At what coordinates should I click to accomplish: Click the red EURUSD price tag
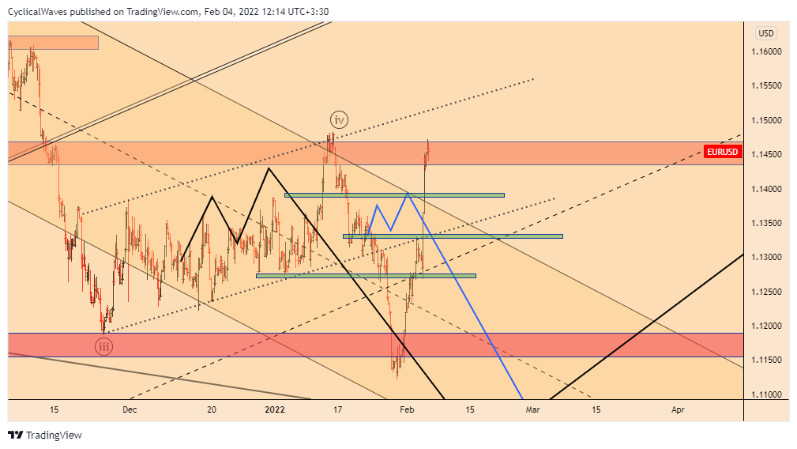(722, 151)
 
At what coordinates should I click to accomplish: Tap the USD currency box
(765, 33)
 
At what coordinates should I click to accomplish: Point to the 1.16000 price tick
(766, 52)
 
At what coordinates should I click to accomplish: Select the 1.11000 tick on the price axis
(766, 394)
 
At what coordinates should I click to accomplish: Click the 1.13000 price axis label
(766, 258)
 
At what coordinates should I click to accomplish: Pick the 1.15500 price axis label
(766, 86)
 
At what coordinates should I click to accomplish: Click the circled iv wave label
(339, 120)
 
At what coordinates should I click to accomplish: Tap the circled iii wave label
(103, 345)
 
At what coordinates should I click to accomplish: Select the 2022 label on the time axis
(274, 409)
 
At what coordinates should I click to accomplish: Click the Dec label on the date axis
(130, 409)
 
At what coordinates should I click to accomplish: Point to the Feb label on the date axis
(407, 409)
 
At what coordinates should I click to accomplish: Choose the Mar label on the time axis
(533, 409)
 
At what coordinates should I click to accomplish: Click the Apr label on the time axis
(678, 409)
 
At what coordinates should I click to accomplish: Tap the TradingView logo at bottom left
(45, 435)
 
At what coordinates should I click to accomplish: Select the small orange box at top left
(53, 43)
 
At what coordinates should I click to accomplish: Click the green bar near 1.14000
(394, 194)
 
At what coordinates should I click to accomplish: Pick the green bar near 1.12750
(366, 275)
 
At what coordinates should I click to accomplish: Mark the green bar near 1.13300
(453, 236)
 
